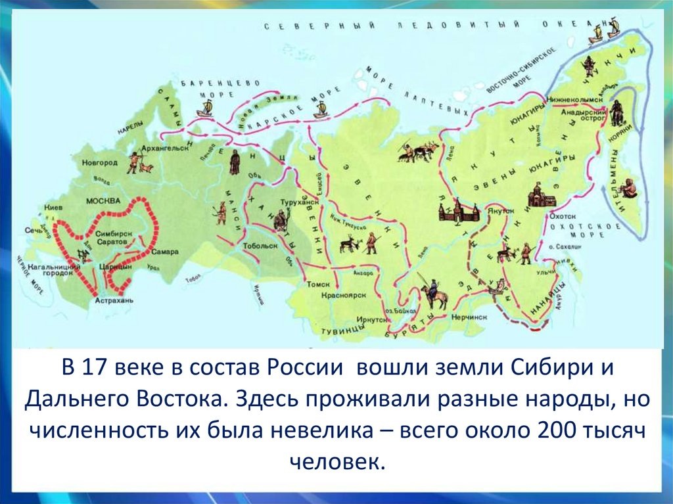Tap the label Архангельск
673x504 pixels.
point(168,149)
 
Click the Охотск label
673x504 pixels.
point(563,216)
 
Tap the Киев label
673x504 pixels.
point(54,205)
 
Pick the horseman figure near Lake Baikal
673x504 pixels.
point(434,294)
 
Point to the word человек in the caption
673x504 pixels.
point(336,459)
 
